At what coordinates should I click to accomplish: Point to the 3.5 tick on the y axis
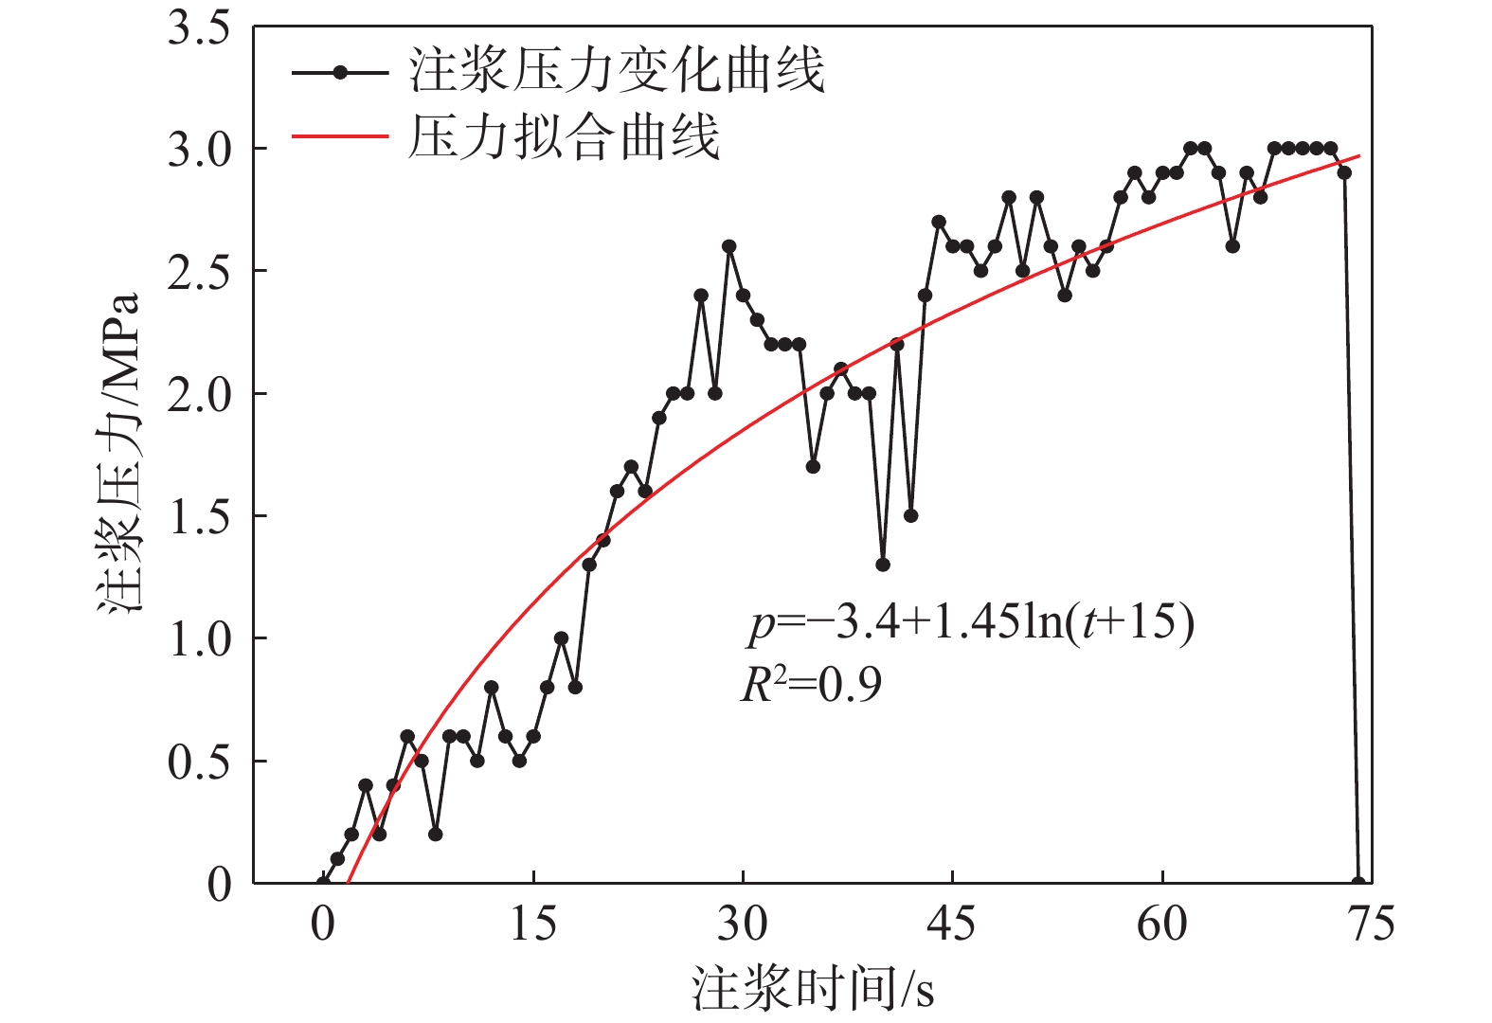pyautogui.click(x=199, y=28)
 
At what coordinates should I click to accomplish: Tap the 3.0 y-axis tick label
pyautogui.click(x=199, y=150)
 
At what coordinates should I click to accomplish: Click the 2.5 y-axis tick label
pyautogui.click(x=199, y=272)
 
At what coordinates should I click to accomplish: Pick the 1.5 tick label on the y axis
pyautogui.click(x=199, y=516)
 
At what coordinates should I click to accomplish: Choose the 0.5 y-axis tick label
pyautogui.click(x=199, y=762)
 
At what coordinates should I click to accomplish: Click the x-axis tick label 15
pyautogui.click(x=533, y=924)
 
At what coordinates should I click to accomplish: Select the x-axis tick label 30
pyautogui.click(x=743, y=924)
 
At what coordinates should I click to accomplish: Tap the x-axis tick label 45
pyautogui.click(x=952, y=924)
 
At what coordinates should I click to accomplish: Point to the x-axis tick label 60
pyautogui.click(x=1161, y=924)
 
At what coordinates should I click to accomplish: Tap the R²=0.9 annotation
pyautogui.click(x=811, y=684)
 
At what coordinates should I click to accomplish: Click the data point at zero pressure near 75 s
pyautogui.click(x=1358, y=883)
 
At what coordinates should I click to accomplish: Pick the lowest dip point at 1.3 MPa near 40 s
pyautogui.click(x=883, y=565)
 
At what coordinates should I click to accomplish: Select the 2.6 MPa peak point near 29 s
pyautogui.click(x=729, y=246)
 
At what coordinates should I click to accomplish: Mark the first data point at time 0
pyautogui.click(x=324, y=883)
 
